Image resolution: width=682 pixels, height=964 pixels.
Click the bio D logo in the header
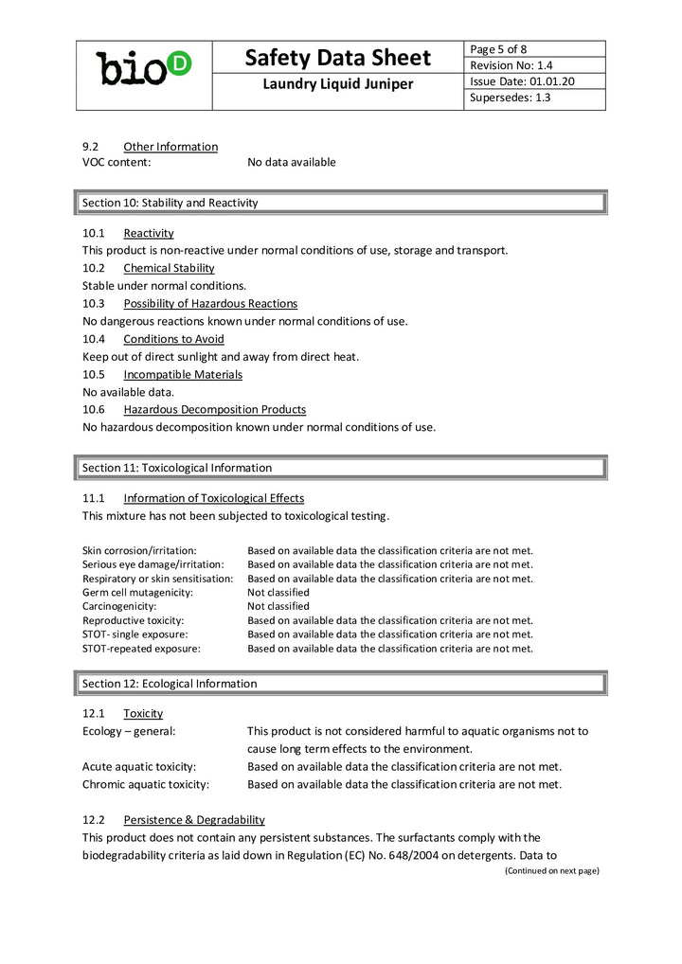[x=144, y=67]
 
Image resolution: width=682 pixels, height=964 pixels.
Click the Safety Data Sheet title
[x=337, y=58]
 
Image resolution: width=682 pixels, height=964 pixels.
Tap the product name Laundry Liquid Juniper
[x=337, y=84]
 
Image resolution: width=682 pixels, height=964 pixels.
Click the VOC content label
[x=117, y=162]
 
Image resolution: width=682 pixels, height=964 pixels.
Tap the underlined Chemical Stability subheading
[x=169, y=268]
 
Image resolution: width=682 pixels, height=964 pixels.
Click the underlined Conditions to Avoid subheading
[x=173, y=339]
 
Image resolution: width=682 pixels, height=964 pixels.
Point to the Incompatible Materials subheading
[x=183, y=374]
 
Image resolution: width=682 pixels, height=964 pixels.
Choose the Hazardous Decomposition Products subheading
[x=214, y=409]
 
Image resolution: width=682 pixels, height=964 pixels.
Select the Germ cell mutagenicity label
[x=137, y=592]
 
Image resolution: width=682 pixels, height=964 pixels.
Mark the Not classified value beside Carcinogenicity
[x=278, y=606]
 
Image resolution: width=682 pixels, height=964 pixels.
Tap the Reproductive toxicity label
[x=133, y=620]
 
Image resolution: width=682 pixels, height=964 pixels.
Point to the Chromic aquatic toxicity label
[x=145, y=784]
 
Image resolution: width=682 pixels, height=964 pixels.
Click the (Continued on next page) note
[x=551, y=870]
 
